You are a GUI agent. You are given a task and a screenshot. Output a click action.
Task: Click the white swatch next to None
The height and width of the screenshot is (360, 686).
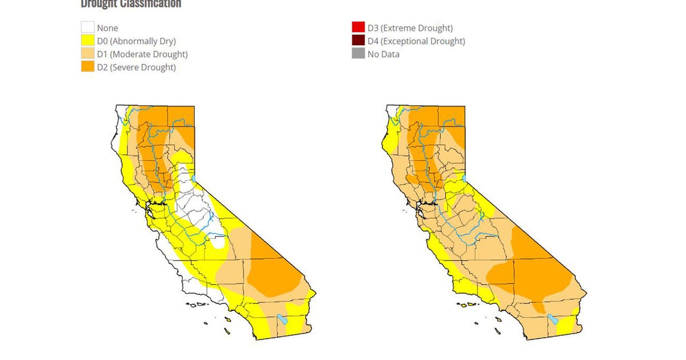click(x=87, y=27)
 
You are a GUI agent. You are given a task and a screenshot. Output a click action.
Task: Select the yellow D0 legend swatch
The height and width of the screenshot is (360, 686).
click(x=87, y=41)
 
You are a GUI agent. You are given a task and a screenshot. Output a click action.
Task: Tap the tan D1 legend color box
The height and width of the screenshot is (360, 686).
click(x=87, y=54)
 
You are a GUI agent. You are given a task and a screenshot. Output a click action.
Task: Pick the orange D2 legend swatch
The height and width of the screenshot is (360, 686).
click(x=87, y=67)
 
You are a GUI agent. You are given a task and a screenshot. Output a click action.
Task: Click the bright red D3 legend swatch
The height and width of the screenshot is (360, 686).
click(x=358, y=27)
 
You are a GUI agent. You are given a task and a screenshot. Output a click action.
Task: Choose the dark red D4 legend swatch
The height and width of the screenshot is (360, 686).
click(x=358, y=41)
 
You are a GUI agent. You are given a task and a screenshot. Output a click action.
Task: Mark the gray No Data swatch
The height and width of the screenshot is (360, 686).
click(x=358, y=54)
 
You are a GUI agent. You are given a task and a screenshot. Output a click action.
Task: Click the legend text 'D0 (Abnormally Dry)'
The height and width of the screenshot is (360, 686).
click(x=136, y=41)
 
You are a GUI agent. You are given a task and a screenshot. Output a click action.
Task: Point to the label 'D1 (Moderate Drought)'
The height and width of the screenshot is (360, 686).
click(x=142, y=54)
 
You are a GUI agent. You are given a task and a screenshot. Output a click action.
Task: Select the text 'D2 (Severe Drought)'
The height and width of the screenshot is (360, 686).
click(x=136, y=67)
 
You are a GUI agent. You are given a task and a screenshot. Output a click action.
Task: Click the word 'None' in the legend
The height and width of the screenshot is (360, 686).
click(x=107, y=27)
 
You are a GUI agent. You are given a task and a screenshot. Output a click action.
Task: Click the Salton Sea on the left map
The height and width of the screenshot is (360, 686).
click(x=281, y=319)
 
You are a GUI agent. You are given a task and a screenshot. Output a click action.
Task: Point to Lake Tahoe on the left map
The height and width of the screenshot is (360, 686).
click(x=194, y=179)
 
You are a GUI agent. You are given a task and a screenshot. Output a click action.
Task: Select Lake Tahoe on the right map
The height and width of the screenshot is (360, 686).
click(x=464, y=179)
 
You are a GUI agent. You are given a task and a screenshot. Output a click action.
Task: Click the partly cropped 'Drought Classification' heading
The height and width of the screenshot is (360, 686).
click(x=131, y=4)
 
